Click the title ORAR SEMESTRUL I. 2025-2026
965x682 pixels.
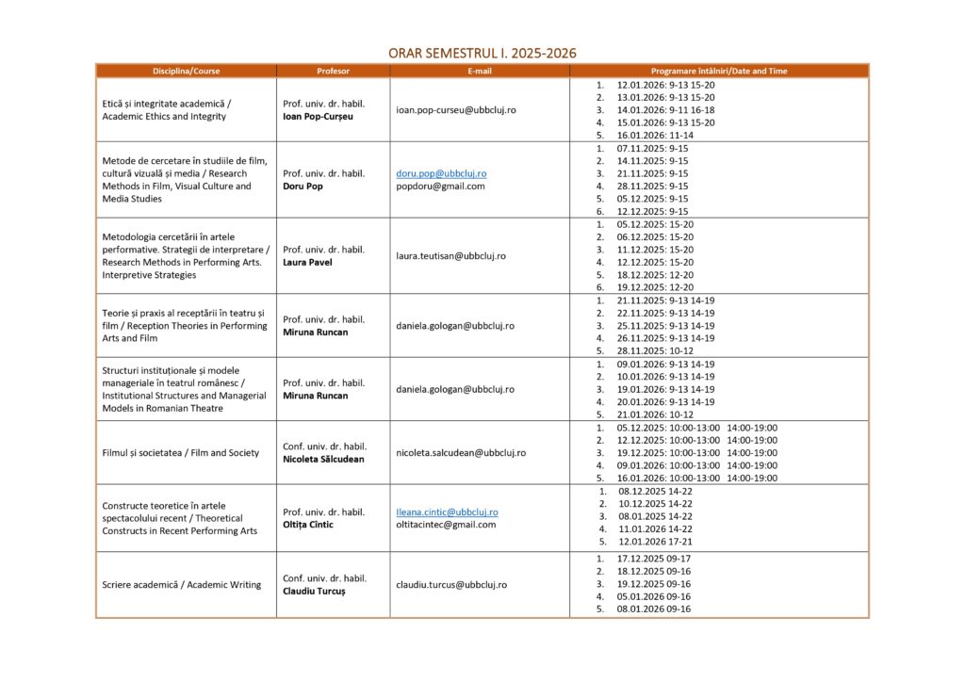coord(482,53)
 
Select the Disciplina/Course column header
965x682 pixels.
coord(186,71)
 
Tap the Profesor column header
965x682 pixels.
coord(333,71)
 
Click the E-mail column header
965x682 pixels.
coord(480,71)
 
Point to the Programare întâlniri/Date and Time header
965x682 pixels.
coord(719,71)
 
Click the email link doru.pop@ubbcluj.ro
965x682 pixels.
coord(441,173)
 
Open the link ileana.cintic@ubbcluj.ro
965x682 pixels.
coord(447,512)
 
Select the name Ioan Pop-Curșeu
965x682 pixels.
coord(320,117)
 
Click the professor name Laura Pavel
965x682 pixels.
coord(307,262)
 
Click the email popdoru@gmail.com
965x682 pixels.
coord(440,187)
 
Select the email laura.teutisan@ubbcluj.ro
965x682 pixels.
coord(450,255)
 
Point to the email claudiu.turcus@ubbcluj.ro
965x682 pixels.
coord(451,584)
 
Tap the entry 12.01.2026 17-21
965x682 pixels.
coord(655,542)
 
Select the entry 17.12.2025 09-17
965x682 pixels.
coord(654,559)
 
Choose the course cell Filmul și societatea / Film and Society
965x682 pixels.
coord(180,452)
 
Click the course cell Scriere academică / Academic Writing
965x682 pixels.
coord(181,584)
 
